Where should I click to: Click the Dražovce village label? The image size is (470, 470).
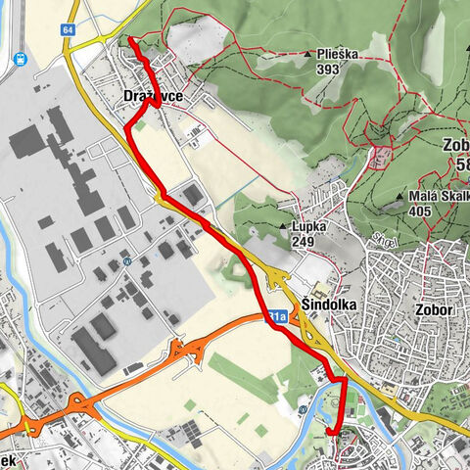154,96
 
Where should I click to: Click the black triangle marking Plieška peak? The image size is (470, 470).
293,56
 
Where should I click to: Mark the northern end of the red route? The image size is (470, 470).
129,39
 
